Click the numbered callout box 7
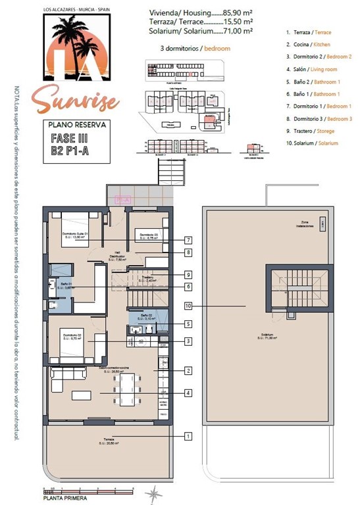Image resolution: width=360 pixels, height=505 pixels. [188, 240]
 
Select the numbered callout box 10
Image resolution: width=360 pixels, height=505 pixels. [188, 306]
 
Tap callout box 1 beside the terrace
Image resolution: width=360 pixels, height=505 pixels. [188, 436]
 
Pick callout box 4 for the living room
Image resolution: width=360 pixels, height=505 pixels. [188, 393]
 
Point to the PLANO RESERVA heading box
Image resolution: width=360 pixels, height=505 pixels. [76, 124]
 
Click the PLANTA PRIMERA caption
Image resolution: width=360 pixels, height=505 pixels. [64, 497]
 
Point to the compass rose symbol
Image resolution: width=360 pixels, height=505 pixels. [154, 492]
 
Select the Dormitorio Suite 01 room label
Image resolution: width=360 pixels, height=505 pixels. [76, 235]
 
